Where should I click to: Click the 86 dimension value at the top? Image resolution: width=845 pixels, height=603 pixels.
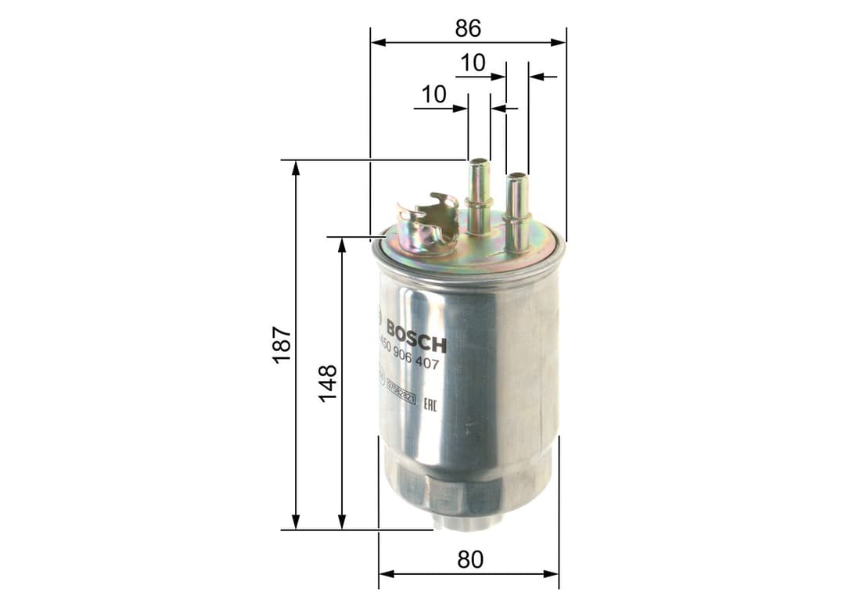[x=468, y=28]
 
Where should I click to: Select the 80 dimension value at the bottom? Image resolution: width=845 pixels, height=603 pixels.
[x=469, y=560]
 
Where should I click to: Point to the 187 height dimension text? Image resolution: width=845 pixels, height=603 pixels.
[x=282, y=344]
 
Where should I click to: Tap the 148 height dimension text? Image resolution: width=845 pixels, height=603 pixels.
[x=327, y=383]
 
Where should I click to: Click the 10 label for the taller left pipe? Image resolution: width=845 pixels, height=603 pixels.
[x=433, y=95]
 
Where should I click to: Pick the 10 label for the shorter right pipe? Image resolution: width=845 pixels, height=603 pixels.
[x=473, y=63]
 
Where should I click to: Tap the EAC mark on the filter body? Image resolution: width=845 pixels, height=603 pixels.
[x=430, y=404]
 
